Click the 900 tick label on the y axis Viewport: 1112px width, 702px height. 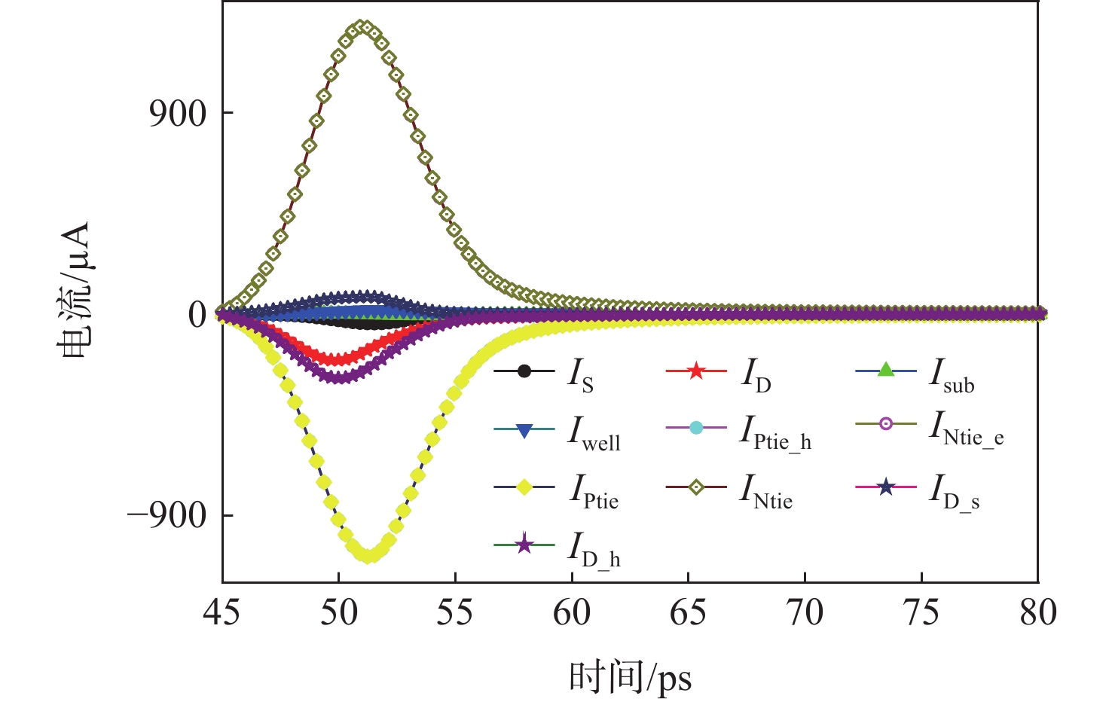pos(178,114)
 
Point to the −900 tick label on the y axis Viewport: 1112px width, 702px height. pos(166,516)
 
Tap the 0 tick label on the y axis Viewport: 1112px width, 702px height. pos(197,315)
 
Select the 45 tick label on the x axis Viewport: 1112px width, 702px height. pos(222,613)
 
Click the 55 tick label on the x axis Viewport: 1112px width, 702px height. pos(455,613)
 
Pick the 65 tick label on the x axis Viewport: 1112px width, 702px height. pos(688,613)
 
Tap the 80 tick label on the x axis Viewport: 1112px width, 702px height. pos(1038,613)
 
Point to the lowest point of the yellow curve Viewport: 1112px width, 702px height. pos(368,556)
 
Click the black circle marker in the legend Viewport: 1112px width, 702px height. pos(524,371)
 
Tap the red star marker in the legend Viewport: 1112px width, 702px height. pos(696,371)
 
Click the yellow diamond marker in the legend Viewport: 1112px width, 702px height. pos(524,487)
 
